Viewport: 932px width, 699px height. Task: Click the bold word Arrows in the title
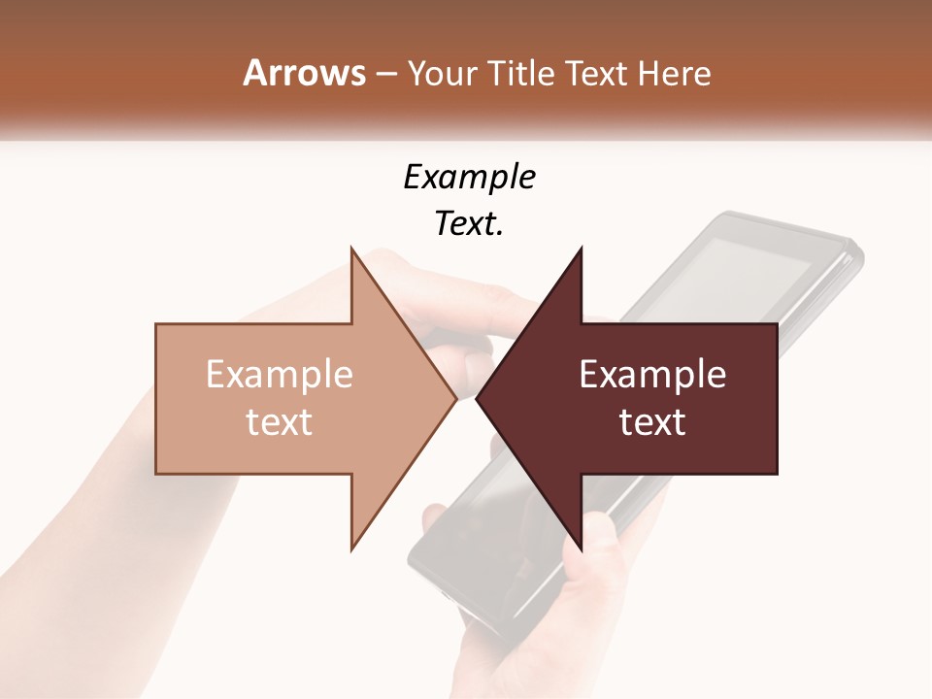(305, 73)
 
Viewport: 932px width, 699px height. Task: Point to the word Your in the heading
(442, 73)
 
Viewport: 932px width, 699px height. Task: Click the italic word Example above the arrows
(469, 177)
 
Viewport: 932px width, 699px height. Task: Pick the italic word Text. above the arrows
(469, 223)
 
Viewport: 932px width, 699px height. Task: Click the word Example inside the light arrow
(280, 375)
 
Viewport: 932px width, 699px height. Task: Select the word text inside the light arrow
(280, 422)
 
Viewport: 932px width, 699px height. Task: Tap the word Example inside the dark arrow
(652, 375)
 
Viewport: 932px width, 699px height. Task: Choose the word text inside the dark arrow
(652, 422)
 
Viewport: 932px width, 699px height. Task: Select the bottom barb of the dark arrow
(580, 544)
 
